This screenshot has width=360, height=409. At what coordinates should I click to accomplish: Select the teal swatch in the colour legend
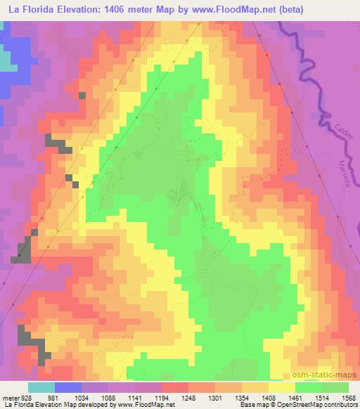click(x=41, y=387)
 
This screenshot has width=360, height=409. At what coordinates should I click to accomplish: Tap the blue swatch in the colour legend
click(x=68, y=387)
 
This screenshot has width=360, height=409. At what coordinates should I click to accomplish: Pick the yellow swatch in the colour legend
click(x=282, y=387)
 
